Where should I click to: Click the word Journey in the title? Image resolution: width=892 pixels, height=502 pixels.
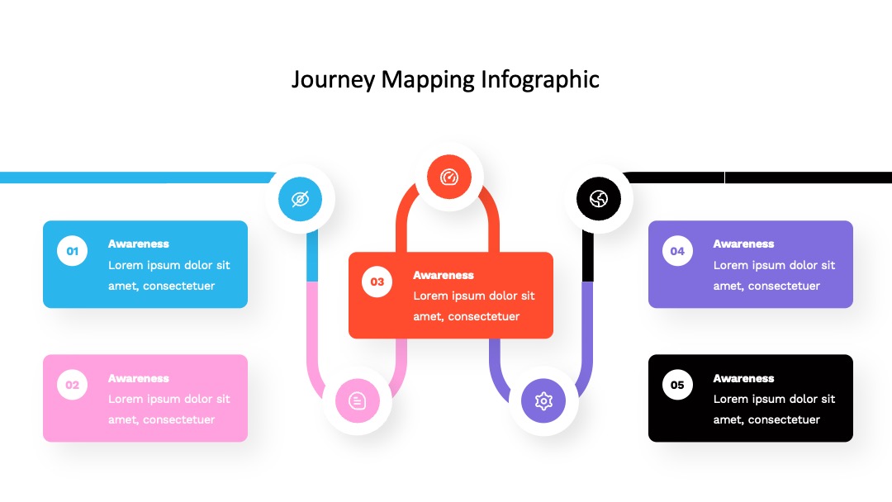coord(334,79)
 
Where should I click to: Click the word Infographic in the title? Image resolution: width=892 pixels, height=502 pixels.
coord(540,79)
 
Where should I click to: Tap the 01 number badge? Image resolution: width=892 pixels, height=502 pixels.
coord(72,251)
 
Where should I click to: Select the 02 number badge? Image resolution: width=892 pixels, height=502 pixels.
coord(72,385)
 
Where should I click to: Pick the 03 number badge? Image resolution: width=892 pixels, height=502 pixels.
coord(377,282)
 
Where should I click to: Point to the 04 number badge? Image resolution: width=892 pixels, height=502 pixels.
coord(677,251)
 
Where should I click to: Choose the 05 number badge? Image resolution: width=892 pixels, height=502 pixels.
coord(677,385)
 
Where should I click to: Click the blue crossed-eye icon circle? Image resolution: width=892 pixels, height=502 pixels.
coord(301,199)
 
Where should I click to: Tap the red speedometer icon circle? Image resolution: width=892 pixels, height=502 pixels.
coord(449,177)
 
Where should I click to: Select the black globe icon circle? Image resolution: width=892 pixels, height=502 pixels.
coord(599,198)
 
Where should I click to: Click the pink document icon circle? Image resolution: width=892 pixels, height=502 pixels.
coord(358,400)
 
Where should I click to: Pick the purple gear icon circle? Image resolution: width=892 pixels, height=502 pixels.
coord(543,400)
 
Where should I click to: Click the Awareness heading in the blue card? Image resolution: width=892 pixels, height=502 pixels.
coord(138,244)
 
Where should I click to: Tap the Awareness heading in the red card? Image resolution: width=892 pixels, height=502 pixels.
coord(444,275)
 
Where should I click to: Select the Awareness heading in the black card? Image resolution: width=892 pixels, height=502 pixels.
coord(743,379)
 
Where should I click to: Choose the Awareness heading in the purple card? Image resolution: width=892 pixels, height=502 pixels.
coord(743,244)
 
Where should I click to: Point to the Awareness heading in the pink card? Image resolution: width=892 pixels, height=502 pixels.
coord(138,379)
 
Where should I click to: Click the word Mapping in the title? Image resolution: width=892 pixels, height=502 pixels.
coord(428,80)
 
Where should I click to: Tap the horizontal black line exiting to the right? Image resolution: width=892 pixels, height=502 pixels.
coord(757,178)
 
